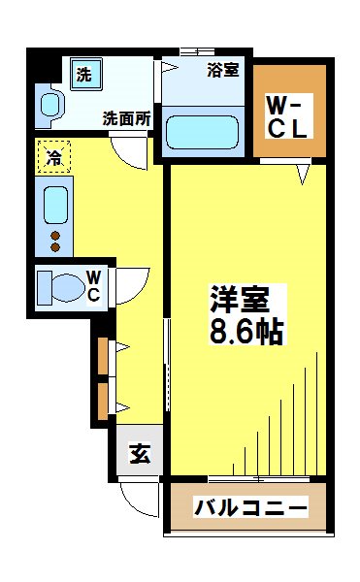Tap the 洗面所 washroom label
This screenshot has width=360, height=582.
tap(127, 120)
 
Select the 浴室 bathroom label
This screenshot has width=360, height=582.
tap(226, 70)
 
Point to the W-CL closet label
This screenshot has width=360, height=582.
tap(288, 113)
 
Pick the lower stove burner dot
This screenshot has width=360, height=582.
tap(54, 247)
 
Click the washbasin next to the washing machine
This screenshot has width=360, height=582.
tap(48, 104)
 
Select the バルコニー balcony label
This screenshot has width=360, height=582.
tap(250, 507)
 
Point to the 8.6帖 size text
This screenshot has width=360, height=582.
tap(247, 333)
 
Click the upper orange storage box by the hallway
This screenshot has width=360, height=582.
tap(103, 355)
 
